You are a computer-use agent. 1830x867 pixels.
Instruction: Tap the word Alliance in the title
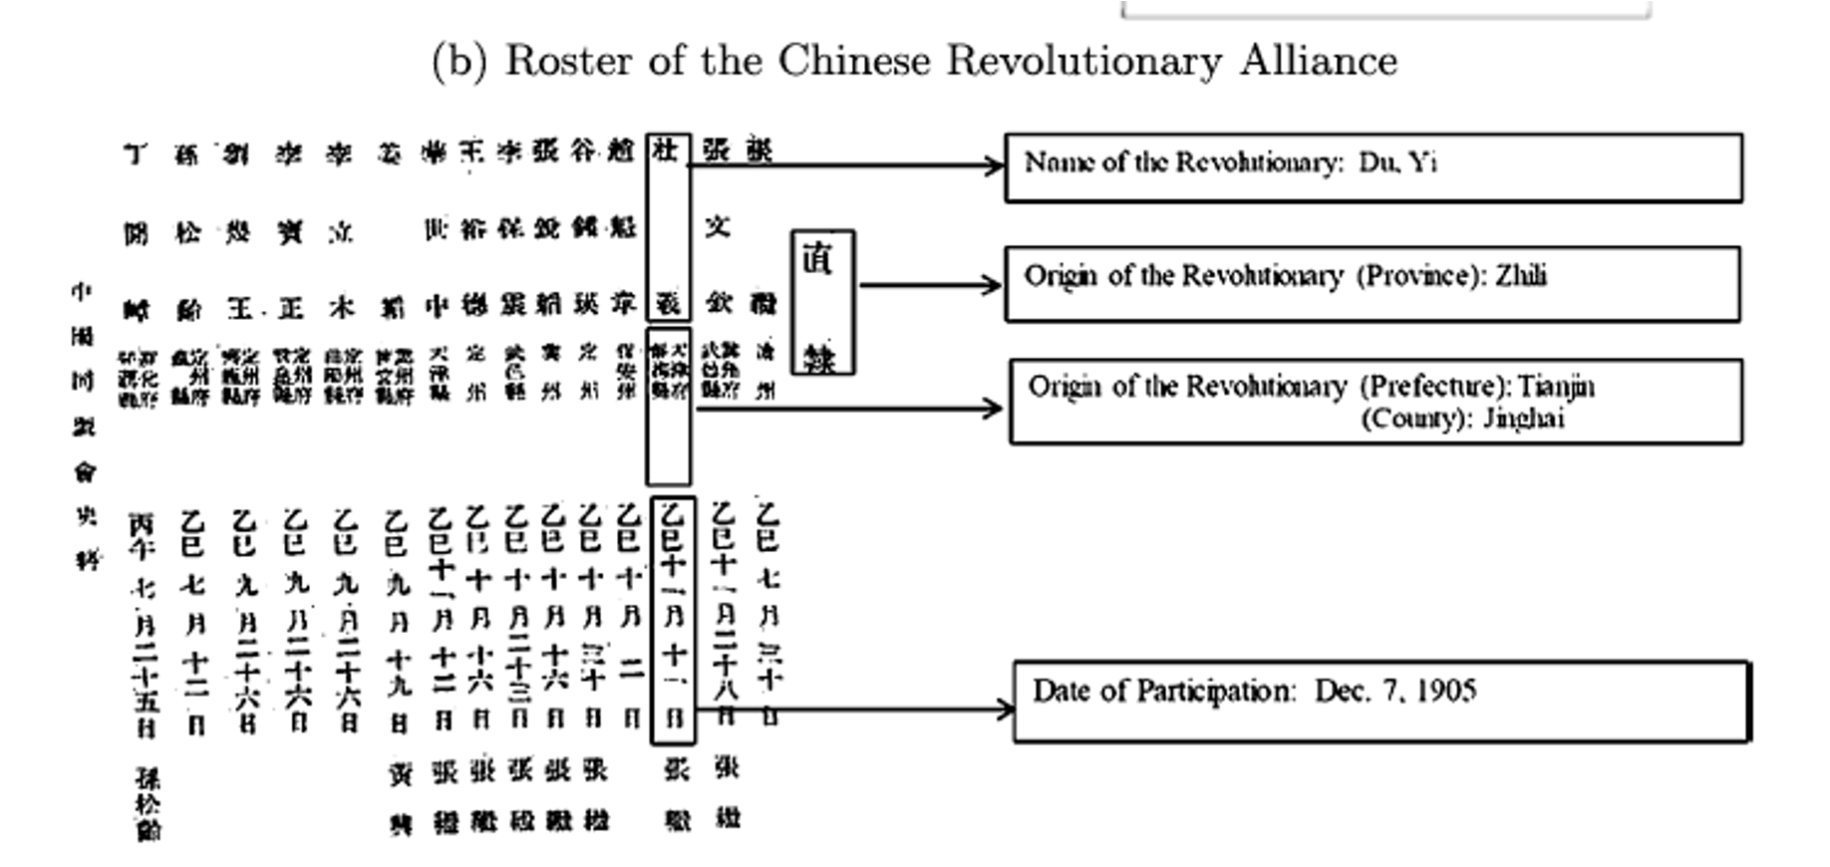point(1318,61)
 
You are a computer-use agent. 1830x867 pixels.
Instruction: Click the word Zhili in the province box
point(1520,275)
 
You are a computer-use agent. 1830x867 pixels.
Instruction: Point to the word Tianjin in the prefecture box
point(1556,386)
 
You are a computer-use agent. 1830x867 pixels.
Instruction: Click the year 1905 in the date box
point(1446,691)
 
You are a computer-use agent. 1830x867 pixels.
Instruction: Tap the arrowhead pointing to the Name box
point(995,165)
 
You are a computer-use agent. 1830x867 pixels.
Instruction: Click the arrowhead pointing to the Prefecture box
point(992,408)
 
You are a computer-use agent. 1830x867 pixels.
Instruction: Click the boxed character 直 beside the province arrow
point(819,261)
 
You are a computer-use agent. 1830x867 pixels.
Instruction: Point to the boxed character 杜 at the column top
point(666,150)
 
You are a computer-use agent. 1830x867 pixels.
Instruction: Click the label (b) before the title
point(459,62)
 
